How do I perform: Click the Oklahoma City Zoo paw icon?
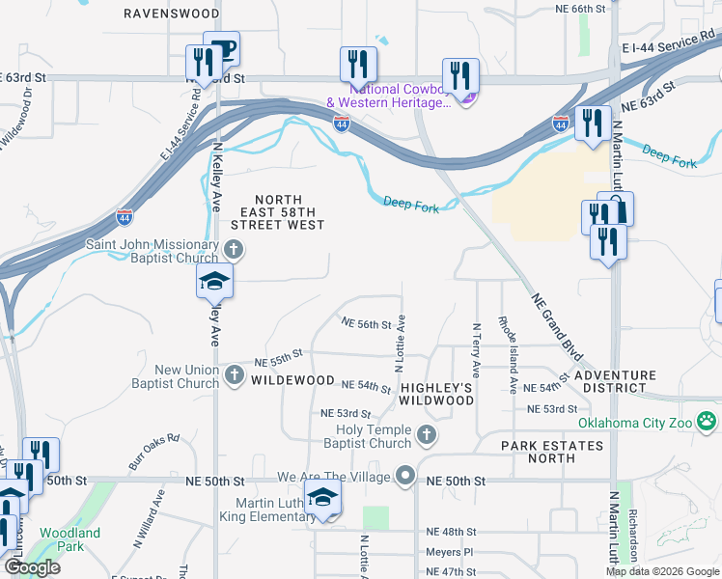click(708, 421)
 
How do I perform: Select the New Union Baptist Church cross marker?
click(233, 375)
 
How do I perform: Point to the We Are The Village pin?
click(405, 477)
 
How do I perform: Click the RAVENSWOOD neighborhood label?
click(173, 14)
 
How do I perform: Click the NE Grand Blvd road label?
click(552, 319)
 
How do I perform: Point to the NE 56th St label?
click(366, 324)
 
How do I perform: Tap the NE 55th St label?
click(279, 360)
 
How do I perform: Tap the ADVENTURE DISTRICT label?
click(608, 381)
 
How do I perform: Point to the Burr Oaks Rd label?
click(154, 451)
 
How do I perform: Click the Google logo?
click(31, 567)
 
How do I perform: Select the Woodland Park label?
click(69, 539)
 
